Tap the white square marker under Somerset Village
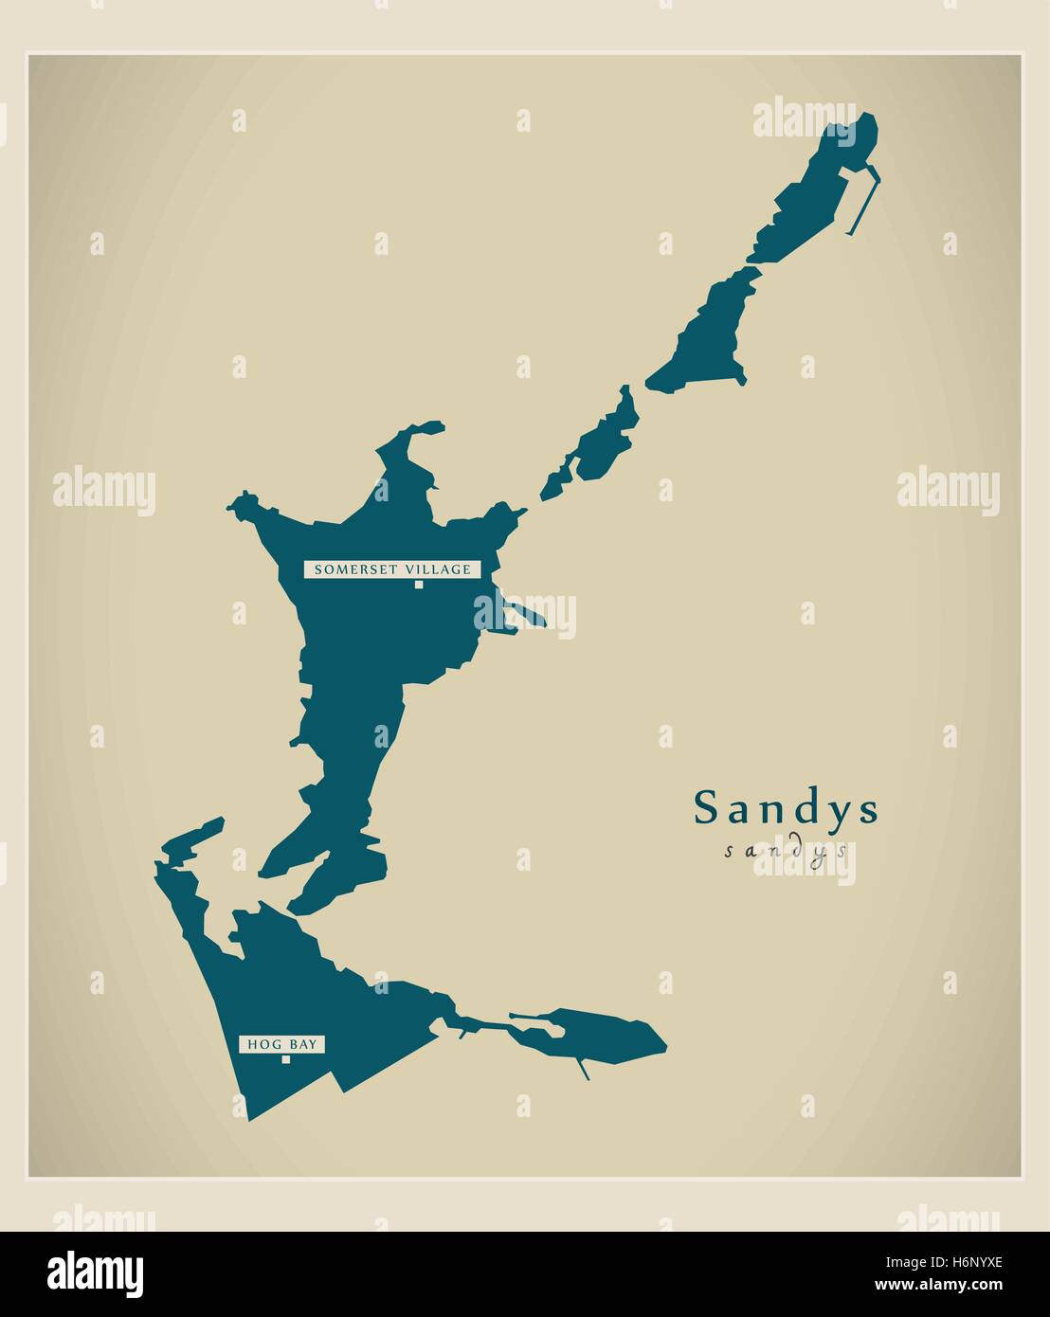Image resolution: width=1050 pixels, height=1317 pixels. tap(418, 585)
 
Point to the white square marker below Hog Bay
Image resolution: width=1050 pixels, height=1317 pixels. tap(285, 1060)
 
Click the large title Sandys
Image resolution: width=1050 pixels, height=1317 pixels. tap(787, 808)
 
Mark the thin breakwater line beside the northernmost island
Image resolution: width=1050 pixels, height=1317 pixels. tap(862, 204)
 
